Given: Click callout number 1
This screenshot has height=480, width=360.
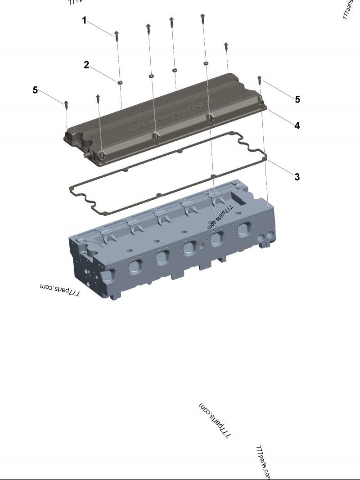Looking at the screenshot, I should pyautogui.click(x=84, y=20).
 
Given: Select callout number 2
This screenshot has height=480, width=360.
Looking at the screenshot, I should pyautogui.click(x=86, y=65).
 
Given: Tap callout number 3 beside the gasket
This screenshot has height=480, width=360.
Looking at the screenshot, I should pyautogui.click(x=297, y=177).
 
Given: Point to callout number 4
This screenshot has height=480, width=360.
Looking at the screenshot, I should pyautogui.click(x=297, y=126).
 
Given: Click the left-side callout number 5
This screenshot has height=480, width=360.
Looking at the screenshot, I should pyautogui.click(x=35, y=90).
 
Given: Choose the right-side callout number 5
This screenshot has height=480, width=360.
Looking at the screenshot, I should pyautogui.click(x=297, y=99).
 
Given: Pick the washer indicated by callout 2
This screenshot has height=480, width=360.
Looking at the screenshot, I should pyautogui.click(x=120, y=82).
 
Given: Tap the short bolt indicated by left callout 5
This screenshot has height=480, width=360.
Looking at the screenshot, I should pyautogui.click(x=67, y=104).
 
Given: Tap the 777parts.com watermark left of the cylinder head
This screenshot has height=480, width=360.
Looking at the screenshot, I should pyautogui.click(x=60, y=290).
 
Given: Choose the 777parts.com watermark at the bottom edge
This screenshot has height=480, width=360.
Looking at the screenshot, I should pyautogui.click(x=263, y=462).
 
